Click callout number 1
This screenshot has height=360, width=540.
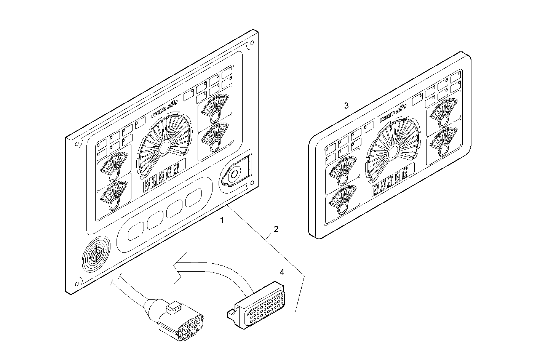(x=222, y=220)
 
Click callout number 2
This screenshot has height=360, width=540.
(x=276, y=229)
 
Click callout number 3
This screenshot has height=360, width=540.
(x=346, y=106)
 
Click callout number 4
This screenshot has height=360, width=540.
(x=282, y=272)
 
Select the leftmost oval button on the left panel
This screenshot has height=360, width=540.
(x=136, y=231)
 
